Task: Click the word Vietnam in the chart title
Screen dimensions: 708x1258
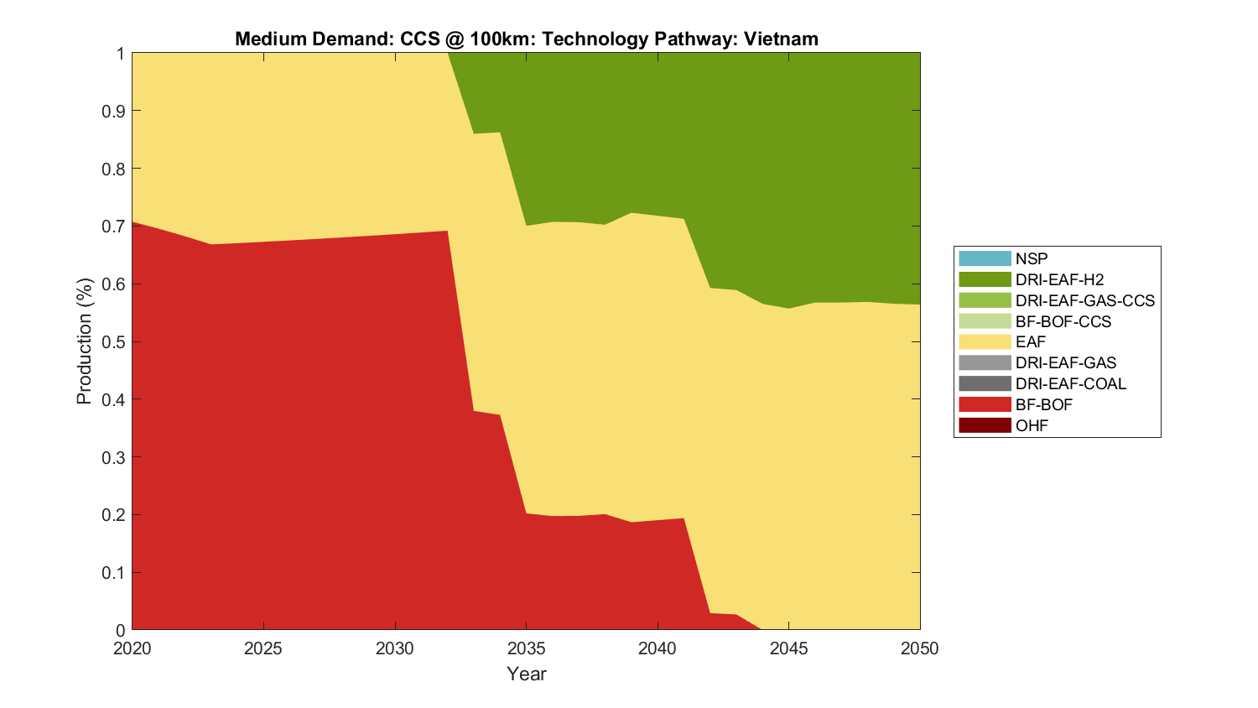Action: [781, 39]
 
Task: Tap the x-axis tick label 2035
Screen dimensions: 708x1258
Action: [526, 648]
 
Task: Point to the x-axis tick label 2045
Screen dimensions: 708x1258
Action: [788, 648]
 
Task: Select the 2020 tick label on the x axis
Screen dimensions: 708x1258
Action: [133, 648]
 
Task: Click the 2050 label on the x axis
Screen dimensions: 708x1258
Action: [920, 648]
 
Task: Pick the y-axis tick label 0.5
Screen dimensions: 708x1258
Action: [113, 342]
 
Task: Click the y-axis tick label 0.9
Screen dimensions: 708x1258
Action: [113, 111]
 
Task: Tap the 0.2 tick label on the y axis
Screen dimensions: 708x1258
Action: [113, 515]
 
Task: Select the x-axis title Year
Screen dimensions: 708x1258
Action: [526, 674]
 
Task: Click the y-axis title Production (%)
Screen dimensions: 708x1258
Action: [84, 341]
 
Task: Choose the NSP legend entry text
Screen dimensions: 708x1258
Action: [1032, 258]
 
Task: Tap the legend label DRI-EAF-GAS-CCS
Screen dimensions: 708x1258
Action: [1084, 300]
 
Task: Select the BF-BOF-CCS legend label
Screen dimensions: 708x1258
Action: [1063, 321]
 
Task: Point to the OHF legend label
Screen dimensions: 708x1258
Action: [1032, 425]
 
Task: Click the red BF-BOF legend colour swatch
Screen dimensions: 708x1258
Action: [985, 404]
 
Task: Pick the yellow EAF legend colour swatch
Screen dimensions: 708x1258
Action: [985, 341]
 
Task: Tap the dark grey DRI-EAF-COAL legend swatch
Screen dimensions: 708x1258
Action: [985, 383]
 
